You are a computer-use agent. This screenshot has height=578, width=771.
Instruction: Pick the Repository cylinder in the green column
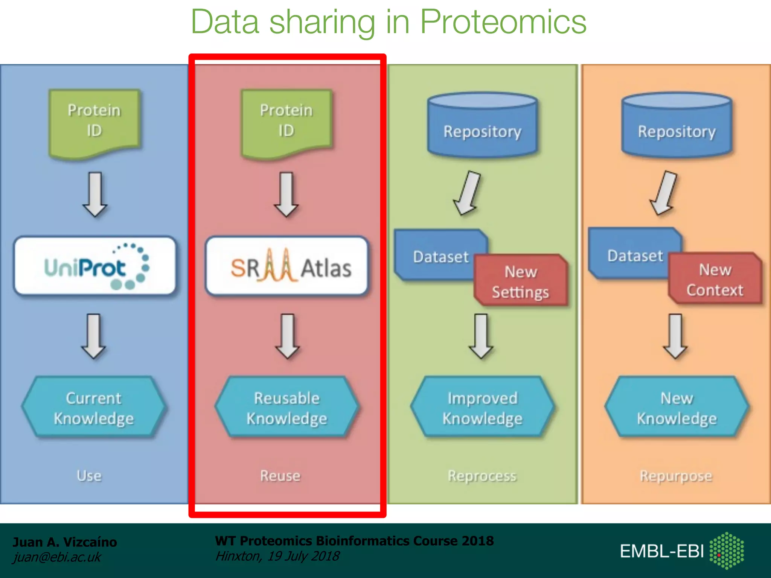click(482, 126)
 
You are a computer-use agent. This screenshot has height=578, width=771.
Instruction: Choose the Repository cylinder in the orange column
click(677, 126)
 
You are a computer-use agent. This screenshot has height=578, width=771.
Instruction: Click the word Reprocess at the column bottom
click(482, 476)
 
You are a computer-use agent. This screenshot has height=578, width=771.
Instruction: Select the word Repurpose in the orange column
click(676, 476)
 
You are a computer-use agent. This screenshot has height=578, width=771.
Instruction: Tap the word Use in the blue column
click(89, 476)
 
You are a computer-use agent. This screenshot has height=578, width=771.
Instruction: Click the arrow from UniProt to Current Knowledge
click(93, 336)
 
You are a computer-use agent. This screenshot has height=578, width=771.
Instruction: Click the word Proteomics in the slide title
click(503, 22)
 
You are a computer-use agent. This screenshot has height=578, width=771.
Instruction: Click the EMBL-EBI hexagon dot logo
click(726, 551)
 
